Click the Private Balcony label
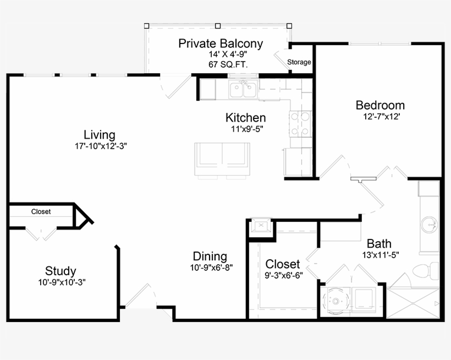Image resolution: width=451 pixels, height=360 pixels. [221, 43]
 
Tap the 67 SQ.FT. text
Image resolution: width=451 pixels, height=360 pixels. [228, 64]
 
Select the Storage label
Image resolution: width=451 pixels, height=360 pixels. [299, 62]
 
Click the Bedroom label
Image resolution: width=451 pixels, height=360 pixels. [380, 105]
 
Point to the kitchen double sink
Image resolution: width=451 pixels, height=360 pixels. [243, 90]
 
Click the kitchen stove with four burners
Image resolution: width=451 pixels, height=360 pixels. [300, 124]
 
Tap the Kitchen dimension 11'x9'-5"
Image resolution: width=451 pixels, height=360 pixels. [247, 129]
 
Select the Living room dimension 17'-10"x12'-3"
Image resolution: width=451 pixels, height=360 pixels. [101, 146]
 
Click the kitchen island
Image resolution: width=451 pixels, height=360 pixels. [222, 159]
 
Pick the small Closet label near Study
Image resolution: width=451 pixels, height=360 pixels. [41, 211]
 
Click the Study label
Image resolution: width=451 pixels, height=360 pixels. [61, 271]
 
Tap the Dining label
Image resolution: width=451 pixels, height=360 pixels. [210, 256]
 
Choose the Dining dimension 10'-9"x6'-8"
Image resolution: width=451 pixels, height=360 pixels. [211, 268]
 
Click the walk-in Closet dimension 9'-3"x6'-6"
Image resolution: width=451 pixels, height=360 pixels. [284, 275]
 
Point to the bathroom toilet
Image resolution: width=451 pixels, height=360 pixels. [426, 270]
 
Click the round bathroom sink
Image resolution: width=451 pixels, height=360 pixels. [430, 225]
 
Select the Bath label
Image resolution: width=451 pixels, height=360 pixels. [379, 244]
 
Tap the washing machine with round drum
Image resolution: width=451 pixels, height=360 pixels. [335, 301]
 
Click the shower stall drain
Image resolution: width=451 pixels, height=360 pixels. [413, 303]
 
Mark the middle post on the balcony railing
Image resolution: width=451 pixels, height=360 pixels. [218, 26]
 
